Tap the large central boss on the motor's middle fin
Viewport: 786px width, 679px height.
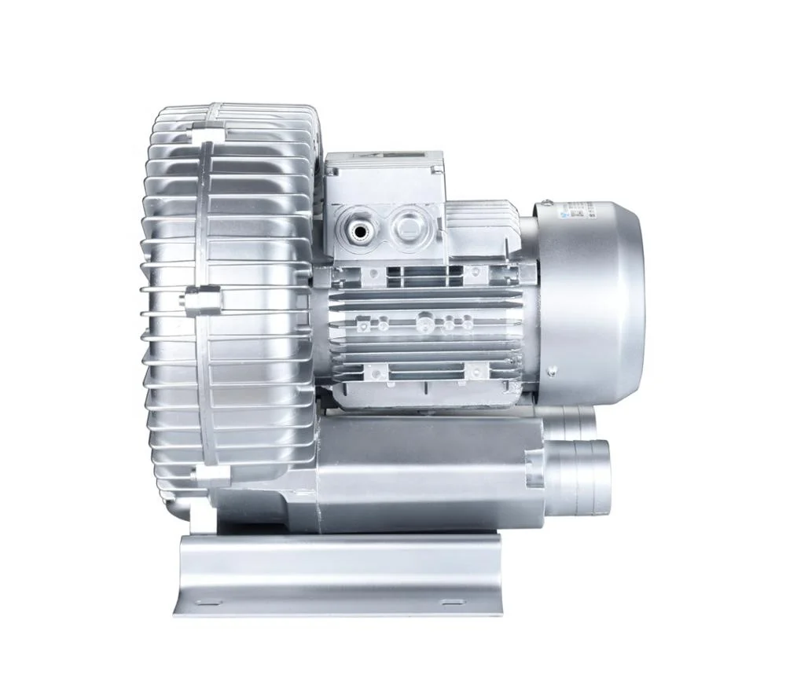(425, 320)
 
